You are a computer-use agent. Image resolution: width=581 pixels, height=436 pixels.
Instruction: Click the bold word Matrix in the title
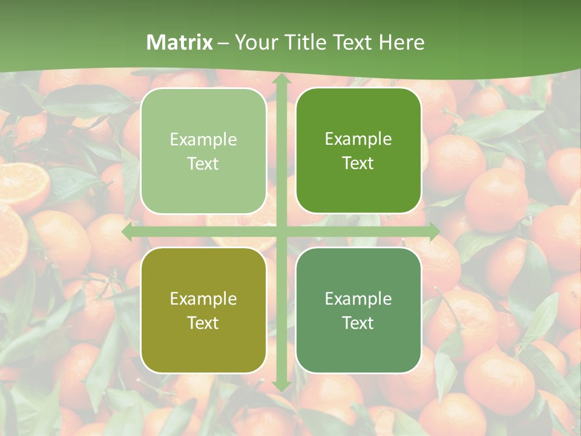pyautogui.click(x=180, y=42)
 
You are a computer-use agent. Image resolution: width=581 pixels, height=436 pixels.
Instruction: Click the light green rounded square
pyautogui.click(x=203, y=151)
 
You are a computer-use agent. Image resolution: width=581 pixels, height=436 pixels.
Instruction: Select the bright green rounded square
pyautogui.click(x=358, y=151)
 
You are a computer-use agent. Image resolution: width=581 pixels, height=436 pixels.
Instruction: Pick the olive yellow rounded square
pyautogui.click(x=203, y=310)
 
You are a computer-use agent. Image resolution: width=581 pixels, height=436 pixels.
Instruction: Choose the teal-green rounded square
pyautogui.click(x=358, y=310)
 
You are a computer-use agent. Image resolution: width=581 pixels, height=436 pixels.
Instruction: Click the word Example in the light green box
pyautogui.click(x=203, y=140)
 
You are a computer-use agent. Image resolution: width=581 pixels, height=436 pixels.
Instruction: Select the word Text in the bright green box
pyautogui.click(x=358, y=163)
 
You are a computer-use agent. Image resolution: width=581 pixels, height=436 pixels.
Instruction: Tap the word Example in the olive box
pyautogui.click(x=203, y=299)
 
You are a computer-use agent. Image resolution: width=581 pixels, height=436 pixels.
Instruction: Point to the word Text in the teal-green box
pyautogui.click(x=358, y=323)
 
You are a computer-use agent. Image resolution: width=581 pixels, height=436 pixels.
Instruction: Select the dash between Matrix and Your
pyautogui.click(x=223, y=42)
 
